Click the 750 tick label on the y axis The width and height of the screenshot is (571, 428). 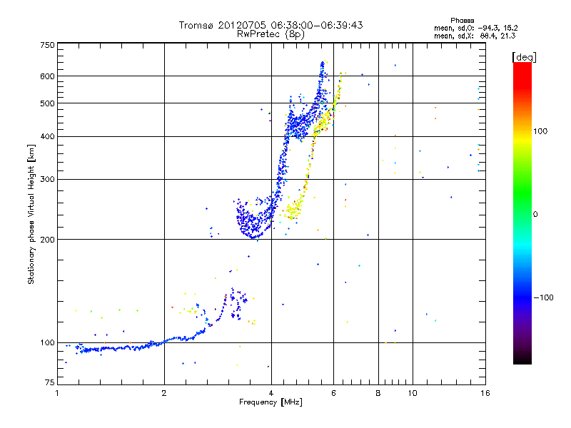point(48,44)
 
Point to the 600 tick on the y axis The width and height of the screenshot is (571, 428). point(48,76)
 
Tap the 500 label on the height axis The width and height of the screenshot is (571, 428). point(48,103)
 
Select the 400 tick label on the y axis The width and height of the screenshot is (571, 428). point(48,137)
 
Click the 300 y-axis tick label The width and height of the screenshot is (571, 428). point(48,179)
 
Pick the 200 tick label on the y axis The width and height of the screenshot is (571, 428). point(48,240)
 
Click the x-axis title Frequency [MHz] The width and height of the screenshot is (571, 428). point(271,403)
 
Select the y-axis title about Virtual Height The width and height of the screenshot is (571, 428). point(31,215)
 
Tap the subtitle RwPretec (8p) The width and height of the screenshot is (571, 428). point(271,34)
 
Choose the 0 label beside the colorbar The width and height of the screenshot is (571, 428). point(537,214)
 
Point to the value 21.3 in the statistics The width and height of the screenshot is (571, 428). point(506,35)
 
